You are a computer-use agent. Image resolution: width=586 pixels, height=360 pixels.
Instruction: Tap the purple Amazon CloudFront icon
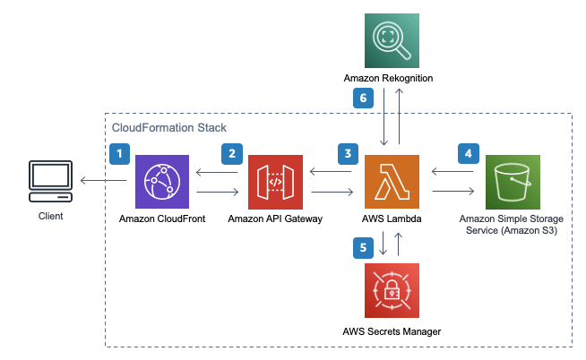click(x=161, y=182)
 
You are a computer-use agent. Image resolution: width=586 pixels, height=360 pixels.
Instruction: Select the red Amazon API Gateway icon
click(x=275, y=182)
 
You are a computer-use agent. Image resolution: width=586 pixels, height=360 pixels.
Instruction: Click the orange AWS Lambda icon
click(x=390, y=182)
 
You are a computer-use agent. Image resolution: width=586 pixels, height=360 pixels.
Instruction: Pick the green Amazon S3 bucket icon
click(x=513, y=182)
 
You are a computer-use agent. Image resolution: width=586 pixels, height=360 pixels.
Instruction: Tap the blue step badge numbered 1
click(x=120, y=153)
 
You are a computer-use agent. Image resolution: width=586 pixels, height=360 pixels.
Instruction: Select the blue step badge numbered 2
click(x=234, y=153)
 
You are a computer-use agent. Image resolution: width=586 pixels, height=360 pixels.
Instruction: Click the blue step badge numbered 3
click(x=349, y=153)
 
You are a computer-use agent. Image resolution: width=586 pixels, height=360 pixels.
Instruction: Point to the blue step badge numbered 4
click(x=468, y=153)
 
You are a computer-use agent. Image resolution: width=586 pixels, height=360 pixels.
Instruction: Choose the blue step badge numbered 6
click(x=363, y=99)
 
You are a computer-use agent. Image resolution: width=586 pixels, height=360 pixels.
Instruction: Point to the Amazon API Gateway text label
click(x=275, y=219)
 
